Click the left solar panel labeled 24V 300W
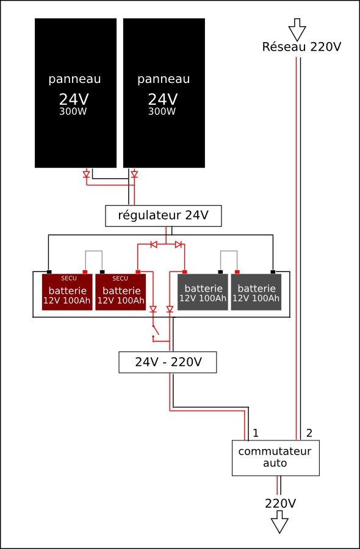[75, 93]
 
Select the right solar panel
[164, 93]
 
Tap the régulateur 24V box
[163, 216]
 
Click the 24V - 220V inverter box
[168, 362]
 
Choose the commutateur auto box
[275, 457]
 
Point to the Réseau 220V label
[301, 47]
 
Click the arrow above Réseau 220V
[297, 28]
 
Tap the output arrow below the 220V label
[280, 522]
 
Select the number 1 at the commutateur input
[256, 433]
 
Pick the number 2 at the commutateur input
[309, 433]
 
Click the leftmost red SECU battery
[67, 292]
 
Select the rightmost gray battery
[256, 292]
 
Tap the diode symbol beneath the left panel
[86, 174]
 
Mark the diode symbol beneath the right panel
[134, 174]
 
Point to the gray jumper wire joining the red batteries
[93, 251]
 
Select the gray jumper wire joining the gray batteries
[229, 251]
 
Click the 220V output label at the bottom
[280, 503]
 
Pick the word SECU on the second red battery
[121, 278]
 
